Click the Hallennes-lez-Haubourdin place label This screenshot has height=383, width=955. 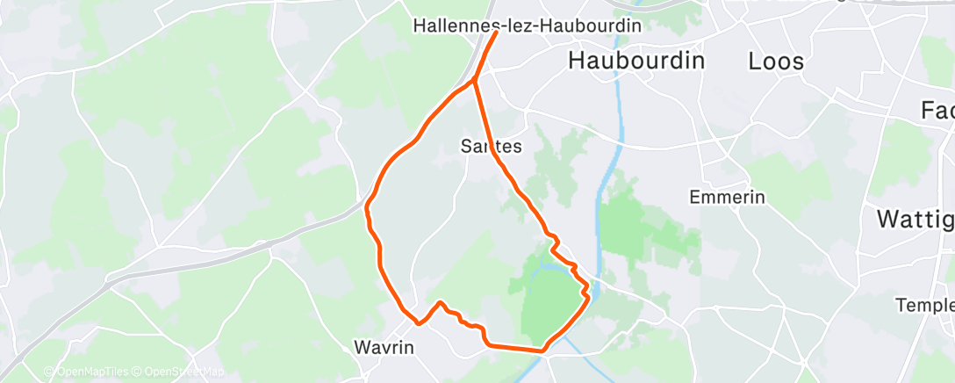pos(526,26)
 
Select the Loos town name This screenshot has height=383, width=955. pos(775,61)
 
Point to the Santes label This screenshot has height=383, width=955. pos(492,147)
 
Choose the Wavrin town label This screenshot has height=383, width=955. pos(383,346)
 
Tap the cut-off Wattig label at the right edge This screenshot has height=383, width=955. pos(916,218)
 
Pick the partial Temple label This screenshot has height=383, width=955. pos(924,305)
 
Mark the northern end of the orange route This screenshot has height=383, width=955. pos(496,33)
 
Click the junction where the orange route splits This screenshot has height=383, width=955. pos(474,80)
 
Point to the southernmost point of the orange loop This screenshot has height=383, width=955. pos(542,350)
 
